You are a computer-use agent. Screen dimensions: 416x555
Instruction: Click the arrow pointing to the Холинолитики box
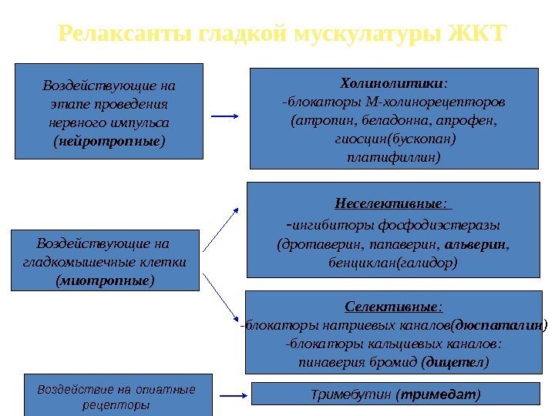[x=224, y=116]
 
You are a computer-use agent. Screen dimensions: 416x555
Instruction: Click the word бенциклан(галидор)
[x=393, y=262]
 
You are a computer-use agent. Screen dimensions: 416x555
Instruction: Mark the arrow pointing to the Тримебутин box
[x=232, y=395]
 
